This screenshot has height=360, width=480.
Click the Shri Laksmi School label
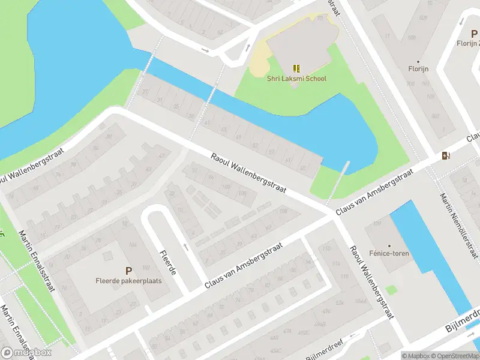[x=297, y=79]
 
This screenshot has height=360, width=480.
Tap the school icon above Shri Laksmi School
[x=296, y=68]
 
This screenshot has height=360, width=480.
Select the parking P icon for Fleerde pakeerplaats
[x=128, y=271]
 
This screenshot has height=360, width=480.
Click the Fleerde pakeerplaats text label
[x=128, y=281]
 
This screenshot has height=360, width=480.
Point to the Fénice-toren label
[x=389, y=254]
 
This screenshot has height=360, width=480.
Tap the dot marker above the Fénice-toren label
[x=389, y=245]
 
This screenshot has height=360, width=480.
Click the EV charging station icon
[x=445, y=156]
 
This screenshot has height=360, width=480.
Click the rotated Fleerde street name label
[x=167, y=263]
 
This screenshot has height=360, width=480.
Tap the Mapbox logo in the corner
[x=26, y=353]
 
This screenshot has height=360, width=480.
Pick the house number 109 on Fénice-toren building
[x=377, y=224]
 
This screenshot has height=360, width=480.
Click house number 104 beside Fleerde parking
[x=131, y=245]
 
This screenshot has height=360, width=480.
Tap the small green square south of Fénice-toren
[x=392, y=290]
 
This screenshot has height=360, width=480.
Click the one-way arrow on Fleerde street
[x=186, y=246]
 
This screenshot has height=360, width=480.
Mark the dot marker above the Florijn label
[x=418, y=61]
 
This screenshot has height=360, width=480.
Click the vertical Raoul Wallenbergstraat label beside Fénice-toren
[x=371, y=283]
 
